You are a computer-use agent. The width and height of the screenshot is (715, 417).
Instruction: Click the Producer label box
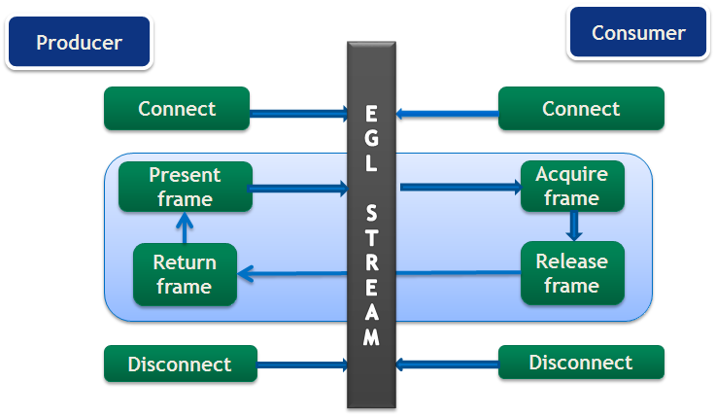pyautogui.click(x=79, y=43)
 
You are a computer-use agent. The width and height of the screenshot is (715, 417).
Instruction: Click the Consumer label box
pyautogui.click(x=638, y=34)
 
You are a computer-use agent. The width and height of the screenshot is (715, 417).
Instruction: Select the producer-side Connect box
pyautogui.click(x=177, y=109)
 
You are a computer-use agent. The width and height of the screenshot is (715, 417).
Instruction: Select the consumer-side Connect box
pyautogui.click(x=581, y=109)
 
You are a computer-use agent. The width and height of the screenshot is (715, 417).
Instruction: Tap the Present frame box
pyautogui.click(x=185, y=187)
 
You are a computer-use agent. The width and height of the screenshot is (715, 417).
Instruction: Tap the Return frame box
pyautogui.click(x=185, y=274)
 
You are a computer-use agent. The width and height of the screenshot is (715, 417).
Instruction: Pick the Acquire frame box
pyautogui.click(x=571, y=187)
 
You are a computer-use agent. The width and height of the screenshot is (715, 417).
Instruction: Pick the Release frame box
pyautogui.click(x=571, y=273)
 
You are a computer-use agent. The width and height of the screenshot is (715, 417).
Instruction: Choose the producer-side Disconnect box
pyautogui.click(x=180, y=365)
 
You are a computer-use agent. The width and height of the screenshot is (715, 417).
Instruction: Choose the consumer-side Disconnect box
pyautogui.click(x=581, y=363)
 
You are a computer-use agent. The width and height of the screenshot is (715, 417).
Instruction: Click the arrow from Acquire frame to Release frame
pyautogui.click(x=573, y=226)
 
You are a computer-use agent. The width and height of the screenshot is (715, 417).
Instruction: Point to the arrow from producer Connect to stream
pyautogui.click(x=299, y=114)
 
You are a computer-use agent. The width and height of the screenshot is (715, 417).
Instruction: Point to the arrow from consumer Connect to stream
pyautogui.click(x=447, y=114)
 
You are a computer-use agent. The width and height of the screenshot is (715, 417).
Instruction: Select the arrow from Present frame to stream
pyautogui.click(x=299, y=188)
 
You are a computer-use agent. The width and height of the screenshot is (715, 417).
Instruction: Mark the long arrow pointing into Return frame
pyautogui.click(x=379, y=275)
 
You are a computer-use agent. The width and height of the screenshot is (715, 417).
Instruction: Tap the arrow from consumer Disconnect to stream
pyautogui.click(x=447, y=365)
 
